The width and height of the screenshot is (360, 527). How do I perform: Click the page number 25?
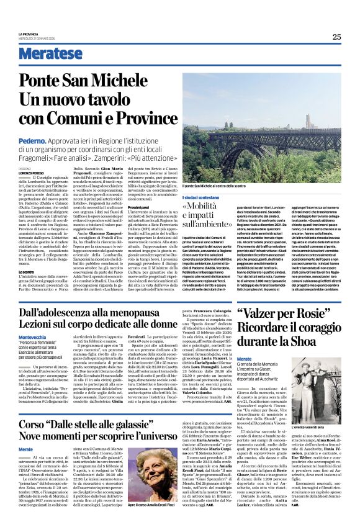336,37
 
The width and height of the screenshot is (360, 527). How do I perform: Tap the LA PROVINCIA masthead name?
29,35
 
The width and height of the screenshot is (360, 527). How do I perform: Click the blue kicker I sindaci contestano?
203,197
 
